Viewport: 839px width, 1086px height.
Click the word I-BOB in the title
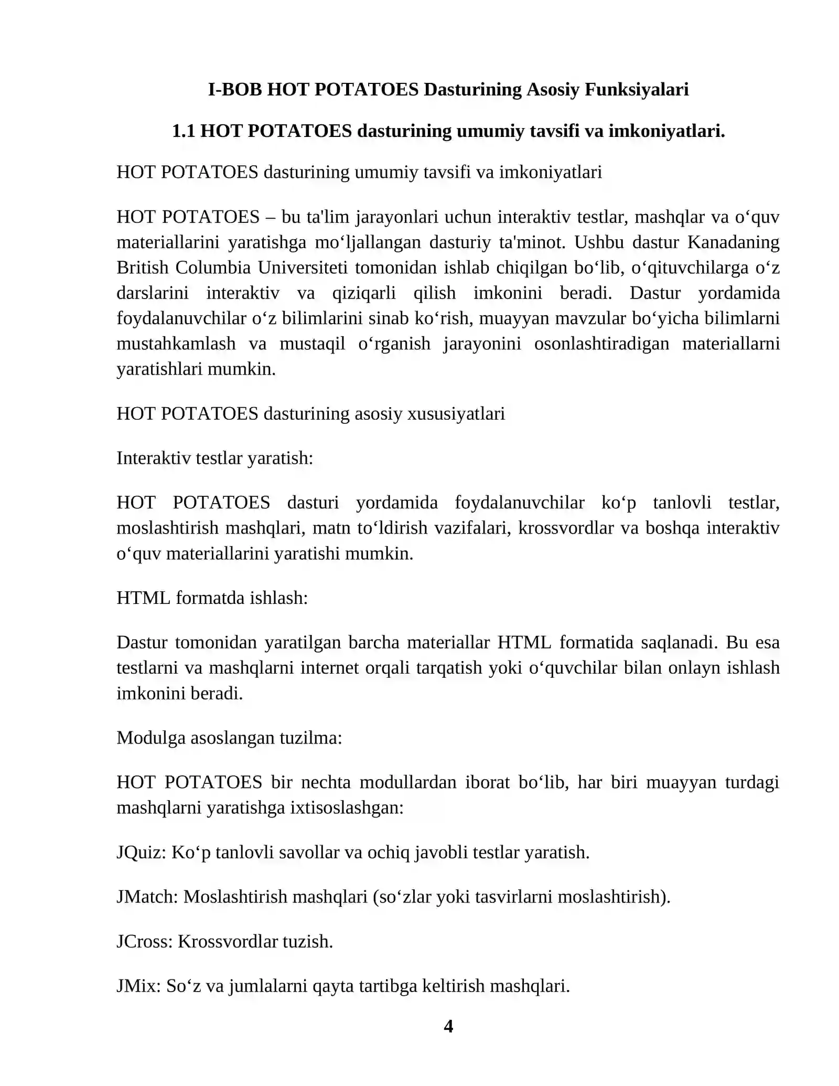235,89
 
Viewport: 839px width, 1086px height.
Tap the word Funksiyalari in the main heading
636,89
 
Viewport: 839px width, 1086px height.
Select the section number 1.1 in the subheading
184,131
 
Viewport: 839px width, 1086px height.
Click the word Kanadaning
733,242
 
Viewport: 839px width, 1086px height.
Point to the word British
142,268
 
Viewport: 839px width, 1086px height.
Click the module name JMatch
147,897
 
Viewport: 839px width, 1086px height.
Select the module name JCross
144,941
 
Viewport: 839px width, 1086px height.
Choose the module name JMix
138,986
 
